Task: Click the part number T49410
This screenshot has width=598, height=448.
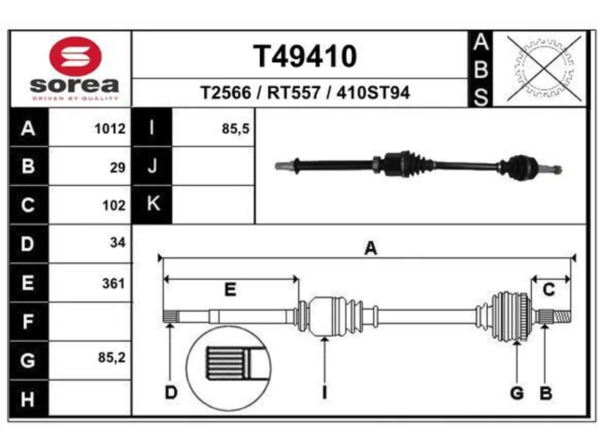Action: [305, 56]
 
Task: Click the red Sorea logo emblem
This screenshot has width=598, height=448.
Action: [76, 56]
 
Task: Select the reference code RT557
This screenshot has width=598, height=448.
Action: [293, 92]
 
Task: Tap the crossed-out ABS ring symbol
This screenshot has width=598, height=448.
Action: [544, 69]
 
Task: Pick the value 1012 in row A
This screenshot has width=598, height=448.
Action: [110, 129]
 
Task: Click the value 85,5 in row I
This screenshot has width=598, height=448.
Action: [235, 129]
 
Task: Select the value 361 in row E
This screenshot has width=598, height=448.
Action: [114, 284]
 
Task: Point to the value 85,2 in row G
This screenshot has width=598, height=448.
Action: [112, 357]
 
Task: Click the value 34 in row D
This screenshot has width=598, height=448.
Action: [118, 242]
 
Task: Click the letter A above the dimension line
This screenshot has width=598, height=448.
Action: [371, 248]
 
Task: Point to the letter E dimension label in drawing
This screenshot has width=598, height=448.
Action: [230, 289]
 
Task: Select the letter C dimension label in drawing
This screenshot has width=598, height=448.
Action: [548, 289]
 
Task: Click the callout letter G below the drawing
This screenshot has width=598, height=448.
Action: [517, 393]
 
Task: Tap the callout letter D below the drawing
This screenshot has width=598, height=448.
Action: [171, 393]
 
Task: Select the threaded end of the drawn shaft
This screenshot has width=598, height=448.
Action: [562, 317]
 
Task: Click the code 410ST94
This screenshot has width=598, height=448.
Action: [373, 92]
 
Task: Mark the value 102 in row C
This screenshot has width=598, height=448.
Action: [114, 205]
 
